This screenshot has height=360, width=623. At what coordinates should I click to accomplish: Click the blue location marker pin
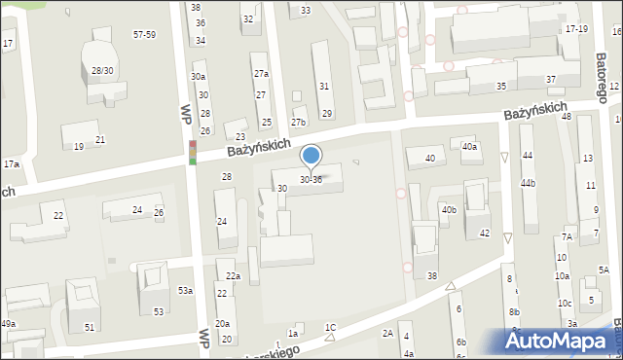pos(311,157)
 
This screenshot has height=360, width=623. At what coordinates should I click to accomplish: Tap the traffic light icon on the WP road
pos(193,153)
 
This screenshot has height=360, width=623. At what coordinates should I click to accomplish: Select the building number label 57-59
pos(144,34)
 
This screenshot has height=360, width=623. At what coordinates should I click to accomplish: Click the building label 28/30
pos(101,71)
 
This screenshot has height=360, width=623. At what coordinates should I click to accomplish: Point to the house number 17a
pos(11,164)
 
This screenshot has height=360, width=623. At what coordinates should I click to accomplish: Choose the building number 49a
pos(8,323)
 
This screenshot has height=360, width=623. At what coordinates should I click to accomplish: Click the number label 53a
pos(184,291)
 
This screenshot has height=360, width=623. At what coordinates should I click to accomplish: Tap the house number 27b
pos(298,123)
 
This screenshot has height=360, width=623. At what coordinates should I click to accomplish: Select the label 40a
pos(469,147)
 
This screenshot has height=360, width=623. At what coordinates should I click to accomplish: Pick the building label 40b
pos(448,209)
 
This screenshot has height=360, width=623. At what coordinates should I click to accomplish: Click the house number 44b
pos(529,183)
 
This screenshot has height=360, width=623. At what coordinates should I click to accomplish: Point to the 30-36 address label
pos(311,180)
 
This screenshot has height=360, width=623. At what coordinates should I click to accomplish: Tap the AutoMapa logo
pos(560,342)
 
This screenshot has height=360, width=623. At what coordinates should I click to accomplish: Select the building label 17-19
pos(576,29)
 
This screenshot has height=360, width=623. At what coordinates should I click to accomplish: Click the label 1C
pos(331,327)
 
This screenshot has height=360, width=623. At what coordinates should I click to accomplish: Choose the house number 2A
pos(386,333)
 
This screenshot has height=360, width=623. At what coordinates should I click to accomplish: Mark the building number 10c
pos(565,303)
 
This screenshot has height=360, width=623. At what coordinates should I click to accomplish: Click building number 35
pos(501,87)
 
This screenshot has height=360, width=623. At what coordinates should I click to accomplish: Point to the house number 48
pos(567,116)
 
